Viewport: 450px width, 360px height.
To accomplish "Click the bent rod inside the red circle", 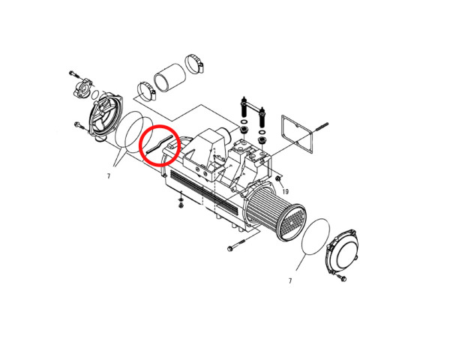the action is point(160,143).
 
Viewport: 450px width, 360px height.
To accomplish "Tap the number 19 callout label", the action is point(285,191).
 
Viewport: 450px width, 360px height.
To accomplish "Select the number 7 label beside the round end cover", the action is point(290,280).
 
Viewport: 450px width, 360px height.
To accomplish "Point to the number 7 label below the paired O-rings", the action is point(109,176).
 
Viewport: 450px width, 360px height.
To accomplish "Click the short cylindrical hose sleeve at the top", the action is point(170,77).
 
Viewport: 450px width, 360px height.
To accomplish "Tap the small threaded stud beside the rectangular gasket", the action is point(322,127).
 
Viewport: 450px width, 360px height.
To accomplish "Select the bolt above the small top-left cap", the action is point(74,74).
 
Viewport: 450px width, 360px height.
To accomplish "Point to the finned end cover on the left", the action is point(106,117).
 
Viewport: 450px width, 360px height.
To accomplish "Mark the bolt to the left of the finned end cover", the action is point(79,125).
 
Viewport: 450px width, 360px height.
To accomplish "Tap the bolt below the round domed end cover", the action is point(342,277).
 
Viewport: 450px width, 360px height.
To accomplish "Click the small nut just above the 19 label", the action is point(278,179).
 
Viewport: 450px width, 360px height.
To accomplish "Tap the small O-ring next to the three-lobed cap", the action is point(96,94).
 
